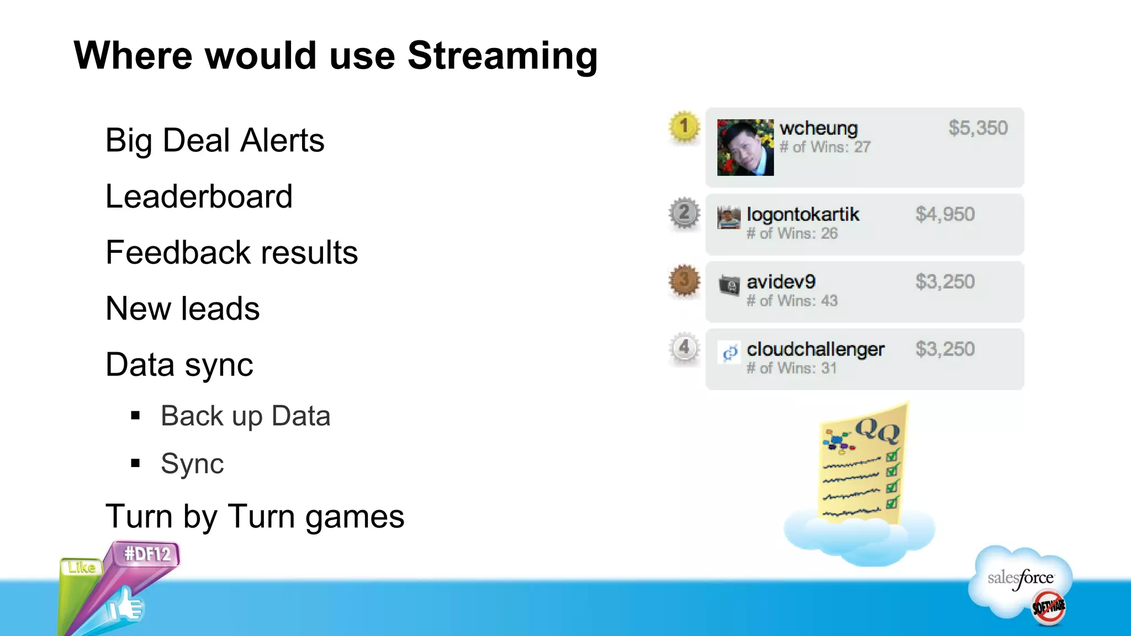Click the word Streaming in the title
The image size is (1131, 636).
502,56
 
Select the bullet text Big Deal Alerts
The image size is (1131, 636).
214,140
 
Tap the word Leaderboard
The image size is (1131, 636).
199,197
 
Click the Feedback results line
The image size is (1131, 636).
231,253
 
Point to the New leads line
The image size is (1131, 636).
182,309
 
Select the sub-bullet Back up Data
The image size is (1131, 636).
245,416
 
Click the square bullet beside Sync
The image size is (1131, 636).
136,463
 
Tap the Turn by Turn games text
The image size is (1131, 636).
255,517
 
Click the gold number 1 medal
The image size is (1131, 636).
684,126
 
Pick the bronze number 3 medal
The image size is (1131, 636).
684,280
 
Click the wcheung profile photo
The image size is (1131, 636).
745,147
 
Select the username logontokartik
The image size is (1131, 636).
802,214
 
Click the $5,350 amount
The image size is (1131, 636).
977,128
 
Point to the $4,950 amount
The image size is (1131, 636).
945,214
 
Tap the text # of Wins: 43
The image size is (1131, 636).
791,301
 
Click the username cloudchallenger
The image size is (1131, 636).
815,349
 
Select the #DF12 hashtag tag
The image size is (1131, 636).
147,554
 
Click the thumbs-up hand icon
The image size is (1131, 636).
125,606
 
